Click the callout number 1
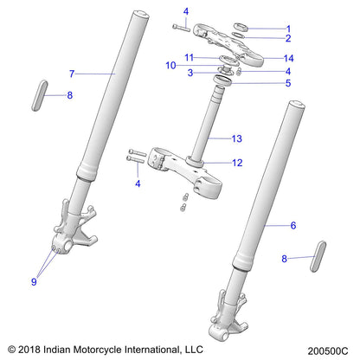tap(288, 28)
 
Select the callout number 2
tap(288, 39)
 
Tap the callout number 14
tap(289, 58)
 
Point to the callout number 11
tap(188, 57)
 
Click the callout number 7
tap(72, 74)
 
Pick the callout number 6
tap(269, 225)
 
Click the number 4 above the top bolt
tap(185, 11)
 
